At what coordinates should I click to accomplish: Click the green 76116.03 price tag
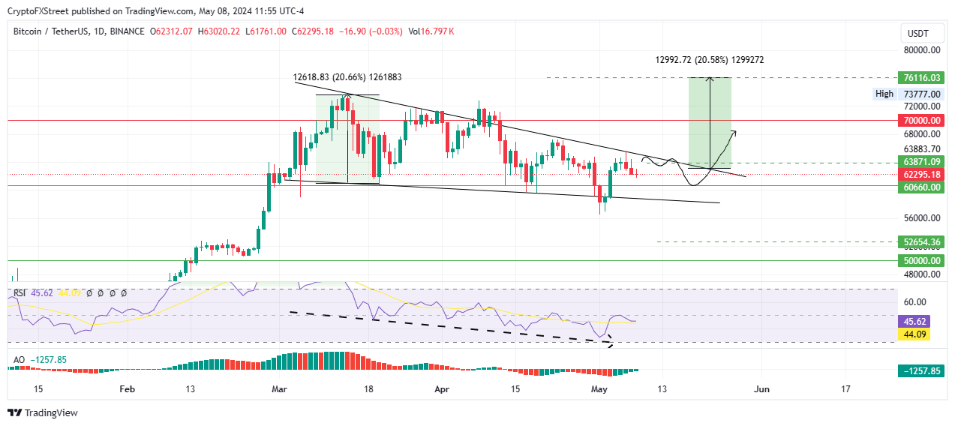pyautogui.click(x=921, y=78)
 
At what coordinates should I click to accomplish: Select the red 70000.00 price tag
pyautogui.click(x=921, y=120)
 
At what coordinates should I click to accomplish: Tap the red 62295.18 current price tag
pyautogui.click(x=921, y=174)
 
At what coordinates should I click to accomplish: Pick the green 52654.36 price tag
pyautogui.click(x=921, y=241)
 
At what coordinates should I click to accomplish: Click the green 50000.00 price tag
pyautogui.click(x=921, y=260)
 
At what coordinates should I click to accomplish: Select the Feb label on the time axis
pyautogui.click(x=127, y=389)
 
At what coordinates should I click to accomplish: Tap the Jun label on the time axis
pyautogui.click(x=761, y=389)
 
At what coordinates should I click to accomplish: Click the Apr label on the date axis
pyautogui.click(x=443, y=389)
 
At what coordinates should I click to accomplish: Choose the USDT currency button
pyautogui.click(x=917, y=34)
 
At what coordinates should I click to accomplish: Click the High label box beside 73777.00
pyautogui.click(x=884, y=94)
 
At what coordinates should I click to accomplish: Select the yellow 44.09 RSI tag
pyautogui.click(x=914, y=334)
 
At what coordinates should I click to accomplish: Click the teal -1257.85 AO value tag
pyautogui.click(x=921, y=371)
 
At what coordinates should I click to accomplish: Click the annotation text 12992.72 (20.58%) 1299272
pyautogui.click(x=709, y=59)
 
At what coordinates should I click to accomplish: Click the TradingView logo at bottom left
pyautogui.click(x=42, y=412)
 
